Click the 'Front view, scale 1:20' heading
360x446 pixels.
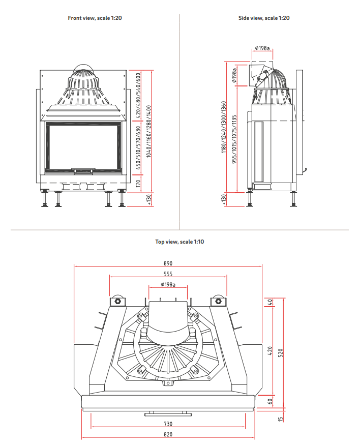(x=95, y=18)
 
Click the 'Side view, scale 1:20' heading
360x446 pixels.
(x=264, y=18)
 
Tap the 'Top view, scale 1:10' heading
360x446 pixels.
(x=179, y=242)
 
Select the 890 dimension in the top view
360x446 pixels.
(x=168, y=263)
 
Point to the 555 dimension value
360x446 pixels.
(x=168, y=274)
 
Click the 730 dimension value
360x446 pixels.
(x=168, y=424)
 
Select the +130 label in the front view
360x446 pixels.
(x=149, y=200)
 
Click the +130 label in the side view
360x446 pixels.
(x=224, y=200)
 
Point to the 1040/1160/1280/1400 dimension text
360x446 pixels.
(x=149, y=131)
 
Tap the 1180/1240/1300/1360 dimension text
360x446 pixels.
(x=224, y=129)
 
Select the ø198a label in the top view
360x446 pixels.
(x=168, y=284)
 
